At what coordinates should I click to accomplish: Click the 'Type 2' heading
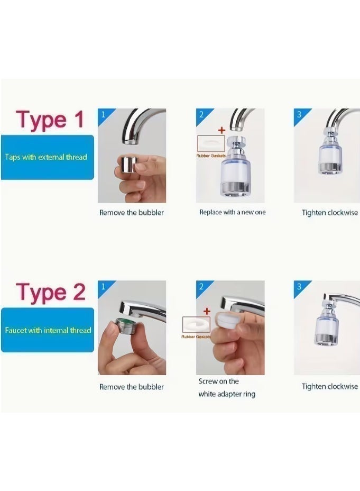click(x=51, y=293)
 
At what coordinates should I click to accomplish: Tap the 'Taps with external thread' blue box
click(x=47, y=157)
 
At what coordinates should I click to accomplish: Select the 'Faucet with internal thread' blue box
click(x=47, y=330)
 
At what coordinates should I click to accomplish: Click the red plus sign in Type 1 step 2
click(x=221, y=130)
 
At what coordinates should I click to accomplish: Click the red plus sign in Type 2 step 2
click(x=207, y=312)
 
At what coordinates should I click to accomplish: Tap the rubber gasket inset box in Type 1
click(x=211, y=143)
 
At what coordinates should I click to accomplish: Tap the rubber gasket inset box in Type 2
click(x=196, y=325)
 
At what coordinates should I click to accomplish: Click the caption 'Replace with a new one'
click(x=233, y=212)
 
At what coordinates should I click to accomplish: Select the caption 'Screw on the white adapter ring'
click(x=227, y=388)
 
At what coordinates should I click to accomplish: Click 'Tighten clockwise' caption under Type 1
click(x=330, y=213)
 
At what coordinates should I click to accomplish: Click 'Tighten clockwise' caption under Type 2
click(x=330, y=386)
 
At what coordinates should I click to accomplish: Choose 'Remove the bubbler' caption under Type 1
click(x=131, y=213)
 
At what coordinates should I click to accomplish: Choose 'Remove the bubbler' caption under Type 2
click(x=131, y=387)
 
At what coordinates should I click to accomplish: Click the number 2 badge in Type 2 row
click(x=201, y=286)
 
